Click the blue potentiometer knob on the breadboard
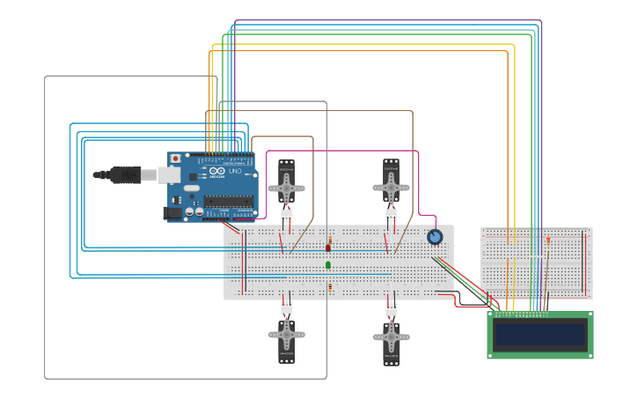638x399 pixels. click(x=435, y=237)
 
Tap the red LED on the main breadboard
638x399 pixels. click(x=329, y=248)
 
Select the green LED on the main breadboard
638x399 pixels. click(x=328, y=264)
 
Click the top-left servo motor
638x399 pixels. click(x=287, y=184)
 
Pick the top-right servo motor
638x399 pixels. click(x=391, y=184)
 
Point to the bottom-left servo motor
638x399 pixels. click(x=287, y=337)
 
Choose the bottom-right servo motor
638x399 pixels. click(x=391, y=339)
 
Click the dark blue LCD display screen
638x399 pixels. click(x=540, y=335)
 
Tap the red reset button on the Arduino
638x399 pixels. click(x=175, y=159)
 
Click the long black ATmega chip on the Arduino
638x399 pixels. click(x=228, y=201)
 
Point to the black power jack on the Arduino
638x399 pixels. click(x=172, y=212)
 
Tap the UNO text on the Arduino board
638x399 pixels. click(x=235, y=171)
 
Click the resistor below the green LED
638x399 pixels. click(x=330, y=286)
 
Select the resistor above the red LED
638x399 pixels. click(x=330, y=240)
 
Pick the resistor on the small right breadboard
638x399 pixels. click(x=548, y=240)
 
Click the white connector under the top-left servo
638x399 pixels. click(x=287, y=215)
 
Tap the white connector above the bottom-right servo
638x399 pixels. click(x=391, y=309)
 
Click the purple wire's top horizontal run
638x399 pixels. click(x=387, y=20)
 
